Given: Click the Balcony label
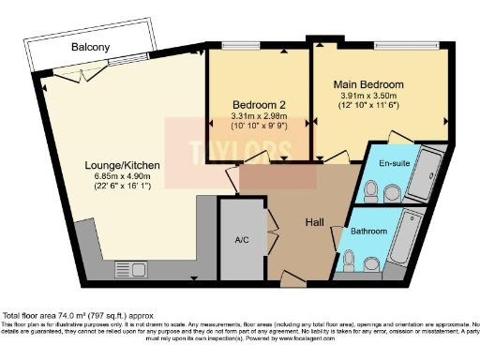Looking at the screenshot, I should point(90,47).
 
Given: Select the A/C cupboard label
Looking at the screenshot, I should point(240,240).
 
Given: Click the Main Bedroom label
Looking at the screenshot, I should point(371,84).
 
